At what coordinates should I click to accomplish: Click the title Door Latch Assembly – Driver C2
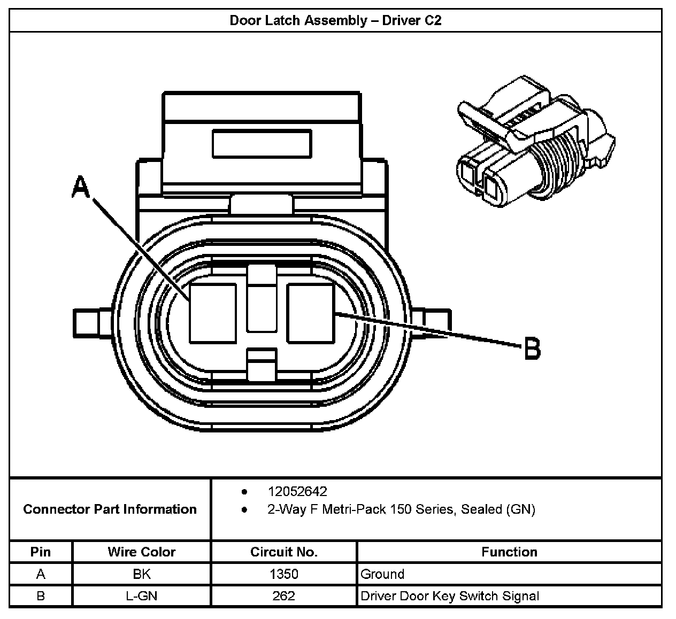click(x=335, y=21)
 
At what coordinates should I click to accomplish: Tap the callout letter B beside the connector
click(x=532, y=349)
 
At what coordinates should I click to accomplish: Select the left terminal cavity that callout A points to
click(x=213, y=313)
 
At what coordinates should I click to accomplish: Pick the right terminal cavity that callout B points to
click(x=311, y=313)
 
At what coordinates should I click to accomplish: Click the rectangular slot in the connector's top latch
click(x=262, y=143)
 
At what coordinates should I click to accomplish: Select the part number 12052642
click(x=297, y=491)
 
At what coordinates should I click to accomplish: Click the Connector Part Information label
click(x=110, y=509)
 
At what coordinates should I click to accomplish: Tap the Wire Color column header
click(x=141, y=552)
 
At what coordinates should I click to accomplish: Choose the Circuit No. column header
click(x=283, y=552)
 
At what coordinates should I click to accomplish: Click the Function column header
click(x=509, y=552)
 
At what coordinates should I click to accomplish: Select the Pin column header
click(x=41, y=552)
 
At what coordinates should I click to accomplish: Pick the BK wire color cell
click(x=141, y=574)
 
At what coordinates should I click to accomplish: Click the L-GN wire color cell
click(x=141, y=595)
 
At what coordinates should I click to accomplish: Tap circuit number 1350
click(x=283, y=574)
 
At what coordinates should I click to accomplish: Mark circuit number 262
click(x=283, y=595)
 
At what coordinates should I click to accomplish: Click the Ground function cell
click(x=382, y=574)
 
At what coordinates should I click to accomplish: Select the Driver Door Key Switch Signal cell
click(x=450, y=595)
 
